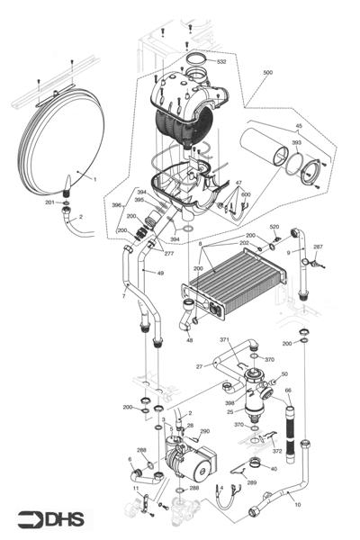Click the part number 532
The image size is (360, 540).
(221, 61)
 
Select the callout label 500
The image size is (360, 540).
(267, 71)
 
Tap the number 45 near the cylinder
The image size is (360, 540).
(300, 126)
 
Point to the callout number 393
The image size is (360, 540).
(296, 142)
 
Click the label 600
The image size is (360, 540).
(246, 194)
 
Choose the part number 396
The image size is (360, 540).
(116, 206)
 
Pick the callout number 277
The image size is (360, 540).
(169, 254)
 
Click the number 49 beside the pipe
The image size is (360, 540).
(160, 273)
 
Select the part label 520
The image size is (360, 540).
(275, 227)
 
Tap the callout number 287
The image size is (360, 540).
(318, 247)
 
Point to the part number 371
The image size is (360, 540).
(225, 340)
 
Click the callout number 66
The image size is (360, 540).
(289, 391)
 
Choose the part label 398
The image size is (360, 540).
(229, 402)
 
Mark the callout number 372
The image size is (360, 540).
(276, 451)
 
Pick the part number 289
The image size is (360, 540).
(252, 483)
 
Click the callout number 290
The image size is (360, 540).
(204, 432)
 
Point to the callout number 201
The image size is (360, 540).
(50, 203)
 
